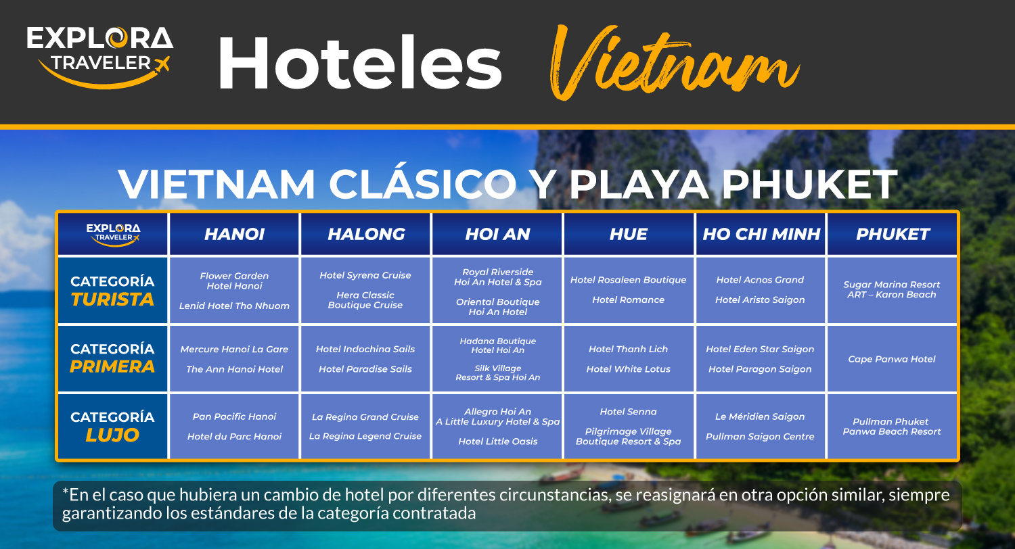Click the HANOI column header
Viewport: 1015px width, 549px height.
234,234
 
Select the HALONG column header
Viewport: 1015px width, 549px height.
366,234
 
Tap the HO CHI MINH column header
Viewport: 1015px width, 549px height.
761,234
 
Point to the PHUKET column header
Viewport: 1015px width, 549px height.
893,234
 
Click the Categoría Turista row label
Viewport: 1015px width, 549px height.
112,290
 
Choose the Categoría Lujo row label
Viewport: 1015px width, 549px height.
112,426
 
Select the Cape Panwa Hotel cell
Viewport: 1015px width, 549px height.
892,359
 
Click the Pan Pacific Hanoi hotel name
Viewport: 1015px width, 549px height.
234,416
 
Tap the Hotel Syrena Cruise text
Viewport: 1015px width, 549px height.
365,275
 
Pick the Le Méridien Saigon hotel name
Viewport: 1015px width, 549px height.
760,416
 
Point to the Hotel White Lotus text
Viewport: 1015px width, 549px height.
628,369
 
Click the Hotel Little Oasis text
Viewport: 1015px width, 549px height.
497,441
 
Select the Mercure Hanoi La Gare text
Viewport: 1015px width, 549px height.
234,349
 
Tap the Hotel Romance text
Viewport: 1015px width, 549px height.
628,300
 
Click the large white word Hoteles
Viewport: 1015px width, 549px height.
360,62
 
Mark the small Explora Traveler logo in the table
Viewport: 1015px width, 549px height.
113,235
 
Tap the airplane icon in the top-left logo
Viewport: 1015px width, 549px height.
161,64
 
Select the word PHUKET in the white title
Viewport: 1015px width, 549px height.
809,184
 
